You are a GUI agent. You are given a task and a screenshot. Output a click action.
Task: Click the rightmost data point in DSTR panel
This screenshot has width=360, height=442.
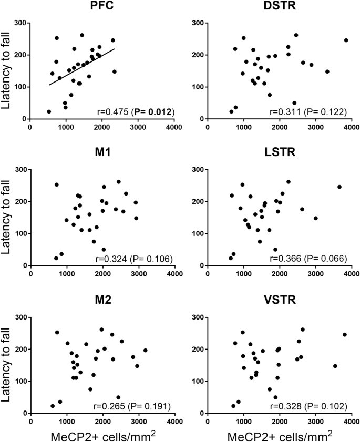(346, 40)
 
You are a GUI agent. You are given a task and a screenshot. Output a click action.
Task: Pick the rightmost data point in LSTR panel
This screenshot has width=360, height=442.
(340, 187)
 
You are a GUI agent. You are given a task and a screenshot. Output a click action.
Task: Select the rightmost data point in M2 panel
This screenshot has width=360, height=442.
(145, 350)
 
